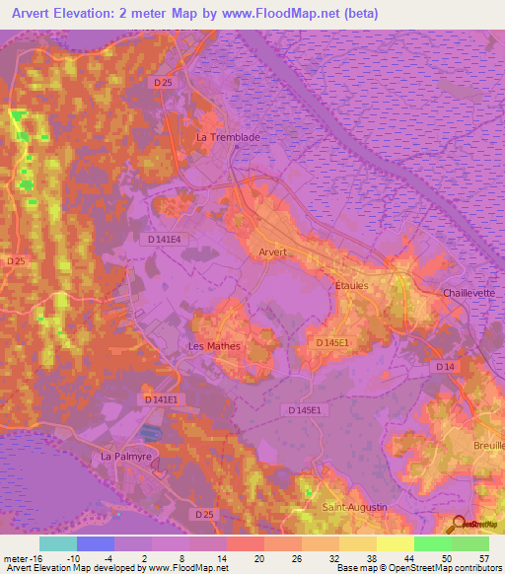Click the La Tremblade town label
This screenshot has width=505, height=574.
click(229, 137)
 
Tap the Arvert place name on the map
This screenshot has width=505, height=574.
click(272, 252)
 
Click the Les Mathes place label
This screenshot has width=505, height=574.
click(214, 346)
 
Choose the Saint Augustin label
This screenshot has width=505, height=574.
click(355, 507)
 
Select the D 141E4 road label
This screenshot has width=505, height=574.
click(164, 239)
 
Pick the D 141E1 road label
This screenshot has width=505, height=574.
click(158, 399)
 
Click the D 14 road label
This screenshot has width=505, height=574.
click(446, 367)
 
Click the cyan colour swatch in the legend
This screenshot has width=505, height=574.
click(57, 543)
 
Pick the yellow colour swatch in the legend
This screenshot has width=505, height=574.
click(396, 543)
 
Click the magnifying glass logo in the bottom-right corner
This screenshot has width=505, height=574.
click(457, 525)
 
